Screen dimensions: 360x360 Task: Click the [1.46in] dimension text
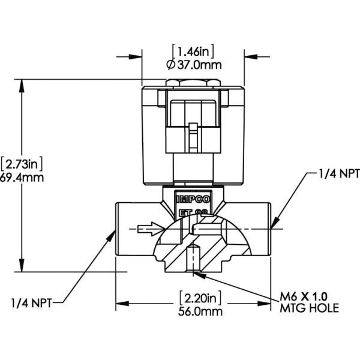[x=193, y=51]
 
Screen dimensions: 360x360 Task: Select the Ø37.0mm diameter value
[x=193, y=64]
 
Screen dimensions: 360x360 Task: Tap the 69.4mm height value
[x=21, y=178]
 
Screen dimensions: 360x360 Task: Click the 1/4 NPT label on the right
[x=337, y=175]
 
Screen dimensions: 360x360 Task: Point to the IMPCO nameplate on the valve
[x=192, y=198]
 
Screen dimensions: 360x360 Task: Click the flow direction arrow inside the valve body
[x=150, y=228]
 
